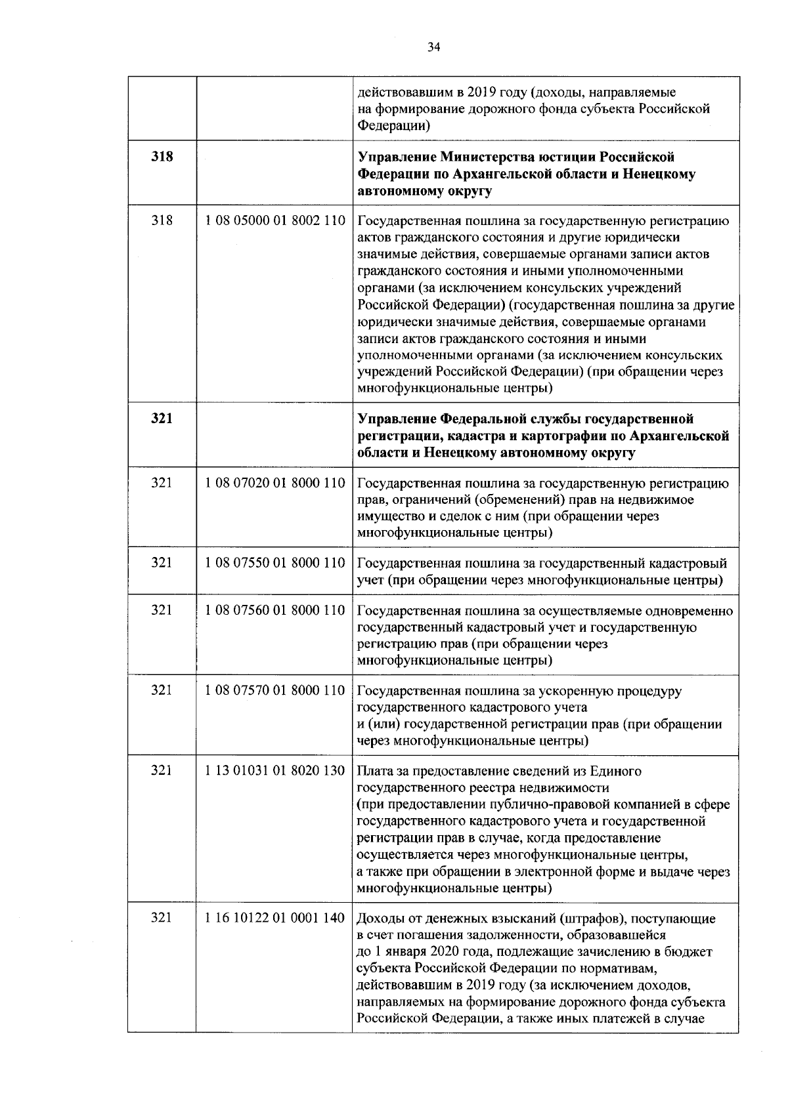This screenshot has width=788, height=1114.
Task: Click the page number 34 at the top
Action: click(x=434, y=47)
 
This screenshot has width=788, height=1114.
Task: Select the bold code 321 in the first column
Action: click(x=162, y=419)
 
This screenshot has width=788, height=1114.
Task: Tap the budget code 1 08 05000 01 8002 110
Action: click(x=275, y=221)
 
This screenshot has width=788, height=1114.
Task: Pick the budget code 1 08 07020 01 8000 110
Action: click(x=275, y=483)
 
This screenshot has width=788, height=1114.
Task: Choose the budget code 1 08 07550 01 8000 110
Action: click(x=275, y=563)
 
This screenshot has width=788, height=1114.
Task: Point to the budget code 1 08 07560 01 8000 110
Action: click(x=275, y=610)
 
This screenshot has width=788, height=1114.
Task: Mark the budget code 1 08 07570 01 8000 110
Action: click(x=275, y=690)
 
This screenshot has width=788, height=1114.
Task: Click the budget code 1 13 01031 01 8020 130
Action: click(x=275, y=771)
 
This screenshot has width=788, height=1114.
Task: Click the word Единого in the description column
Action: click(x=617, y=772)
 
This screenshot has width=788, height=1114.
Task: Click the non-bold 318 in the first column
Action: click(x=162, y=221)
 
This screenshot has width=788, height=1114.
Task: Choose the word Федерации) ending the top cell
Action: click(x=393, y=125)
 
